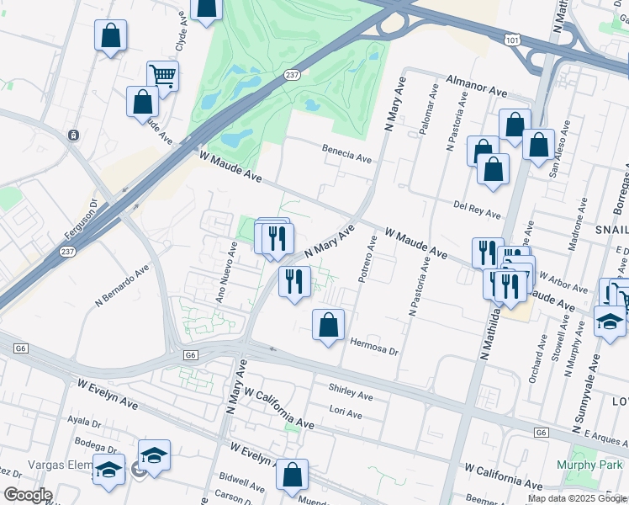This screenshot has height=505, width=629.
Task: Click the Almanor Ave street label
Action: click(x=476, y=85)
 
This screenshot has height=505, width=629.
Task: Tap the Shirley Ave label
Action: click(x=350, y=393)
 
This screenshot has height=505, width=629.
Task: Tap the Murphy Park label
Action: click(x=589, y=465)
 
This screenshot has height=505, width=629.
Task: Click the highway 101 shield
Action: click(x=514, y=40)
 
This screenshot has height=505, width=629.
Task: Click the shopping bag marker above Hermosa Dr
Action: click(x=328, y=325)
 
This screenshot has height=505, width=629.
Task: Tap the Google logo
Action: click(x=28, y=495)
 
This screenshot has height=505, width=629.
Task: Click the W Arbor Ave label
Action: click(x=563, y=281)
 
